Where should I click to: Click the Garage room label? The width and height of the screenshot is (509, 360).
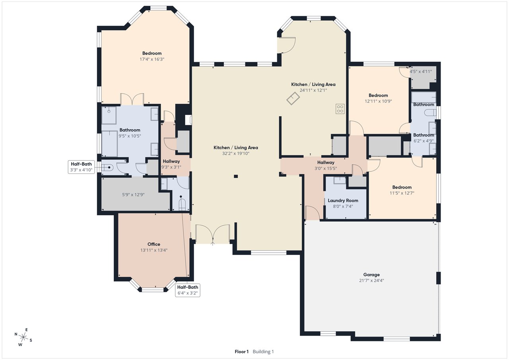tap(371, 274)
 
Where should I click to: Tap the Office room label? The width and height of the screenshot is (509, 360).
tap(154, 244)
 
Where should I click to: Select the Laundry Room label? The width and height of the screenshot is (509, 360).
tap(343, 200)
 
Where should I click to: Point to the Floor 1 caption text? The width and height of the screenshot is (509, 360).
tap(241, 352)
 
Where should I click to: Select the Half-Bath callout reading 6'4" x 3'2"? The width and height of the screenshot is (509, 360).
tap(188, 290)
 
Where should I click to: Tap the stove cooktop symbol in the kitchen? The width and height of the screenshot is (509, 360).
tap(340, 109)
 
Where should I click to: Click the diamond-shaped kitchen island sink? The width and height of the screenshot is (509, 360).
tap(293, 99)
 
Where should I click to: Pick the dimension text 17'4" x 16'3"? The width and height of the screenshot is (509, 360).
tap(152, 59)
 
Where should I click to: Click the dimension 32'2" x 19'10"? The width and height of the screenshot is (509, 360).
tap(235, 154)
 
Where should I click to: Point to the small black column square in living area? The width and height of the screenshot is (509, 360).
tap(236, 176)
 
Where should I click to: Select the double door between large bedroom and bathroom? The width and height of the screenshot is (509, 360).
tap(132, 99)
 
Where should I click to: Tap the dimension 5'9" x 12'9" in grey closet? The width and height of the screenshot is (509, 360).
tap(133, 195)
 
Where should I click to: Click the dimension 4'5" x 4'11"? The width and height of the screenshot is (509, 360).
tap(421, 72)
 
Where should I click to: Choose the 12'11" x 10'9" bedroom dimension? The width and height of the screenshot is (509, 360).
tap(378, 101)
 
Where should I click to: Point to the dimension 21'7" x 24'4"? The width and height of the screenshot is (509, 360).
tap(371, 280)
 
